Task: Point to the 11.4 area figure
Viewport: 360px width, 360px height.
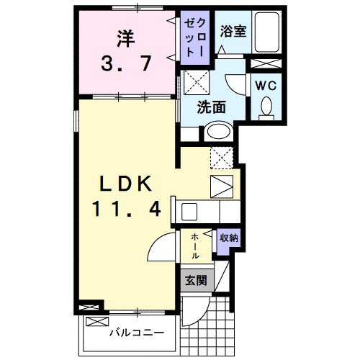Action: tap(125, 210)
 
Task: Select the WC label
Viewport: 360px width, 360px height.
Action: tap(266, 84)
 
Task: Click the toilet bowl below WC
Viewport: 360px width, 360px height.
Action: tap(266, 107)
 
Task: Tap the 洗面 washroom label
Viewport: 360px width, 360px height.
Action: tap(212, 107)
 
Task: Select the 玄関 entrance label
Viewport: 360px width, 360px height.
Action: tap(195, 279)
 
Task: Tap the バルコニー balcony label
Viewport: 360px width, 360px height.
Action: tap(136, 333)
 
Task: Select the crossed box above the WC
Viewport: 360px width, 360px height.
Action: tap(266, 63)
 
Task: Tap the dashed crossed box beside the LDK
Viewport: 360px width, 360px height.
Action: tap(222, 156)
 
